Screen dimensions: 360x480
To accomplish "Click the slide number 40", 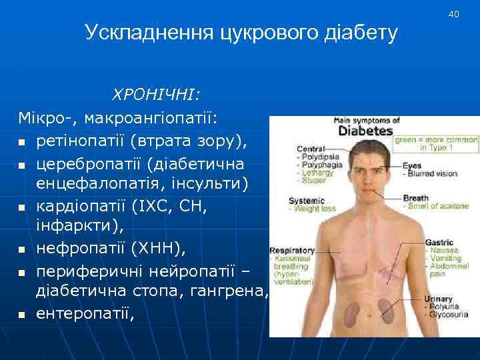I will click(x=454, y=14).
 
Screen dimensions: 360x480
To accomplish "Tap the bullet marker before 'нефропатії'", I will click(x=21, y=251).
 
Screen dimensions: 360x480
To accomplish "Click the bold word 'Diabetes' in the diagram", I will click(x=365, y=131).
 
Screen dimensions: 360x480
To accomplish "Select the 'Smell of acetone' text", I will click(x=434, y=206).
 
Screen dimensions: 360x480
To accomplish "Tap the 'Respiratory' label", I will click(x=291, y=251).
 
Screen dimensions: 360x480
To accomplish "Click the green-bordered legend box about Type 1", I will click(x=437, y=145).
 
